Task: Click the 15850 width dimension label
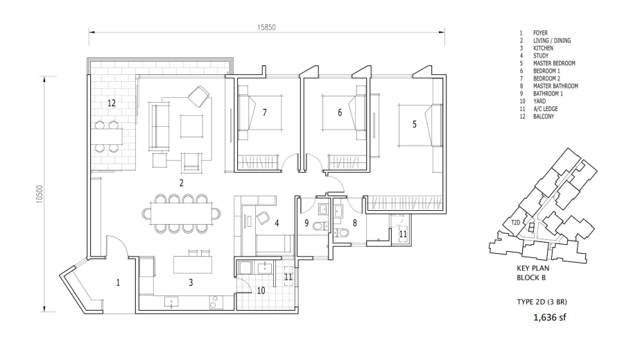coord(266,27)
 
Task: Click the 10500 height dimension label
coord(40,194)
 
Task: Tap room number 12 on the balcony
coord(112,103)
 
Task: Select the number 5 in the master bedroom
coord(415,124)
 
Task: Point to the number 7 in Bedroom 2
coord(264,112)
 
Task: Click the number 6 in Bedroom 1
coord(340,112)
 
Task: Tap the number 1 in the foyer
coord(118,283)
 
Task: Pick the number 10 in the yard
coord(261,291)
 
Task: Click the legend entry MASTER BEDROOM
coord(554,63)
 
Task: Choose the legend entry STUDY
coord(541,55)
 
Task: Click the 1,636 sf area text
coord(550,317)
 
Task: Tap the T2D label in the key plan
coord(515,222)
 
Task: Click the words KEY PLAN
coord(533,268)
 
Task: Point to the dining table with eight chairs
coord(181,214)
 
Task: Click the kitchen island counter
coord(193,264)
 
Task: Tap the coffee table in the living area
coord(191,126)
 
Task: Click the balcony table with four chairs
coord(108,137)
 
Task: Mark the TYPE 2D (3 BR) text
coord(542,302)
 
